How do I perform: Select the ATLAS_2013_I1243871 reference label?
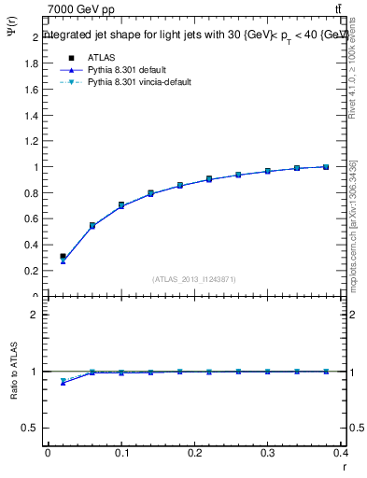pyautogui.click(x=193, y=279)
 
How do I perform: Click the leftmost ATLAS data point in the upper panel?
pyautogui.click(x=63, y=256)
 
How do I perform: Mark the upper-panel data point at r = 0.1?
pyautogui.click(x=121, y=205)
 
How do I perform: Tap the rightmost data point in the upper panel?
pyautogui.click(x=326, y=167)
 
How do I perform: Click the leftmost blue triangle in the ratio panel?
pyautogui.click(x=63, y=383)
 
